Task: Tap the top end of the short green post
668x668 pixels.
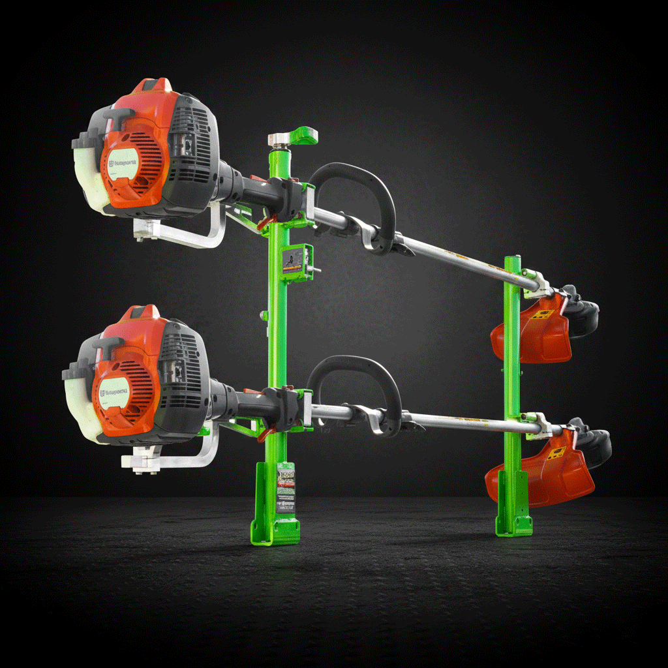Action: tap(512, 260)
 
